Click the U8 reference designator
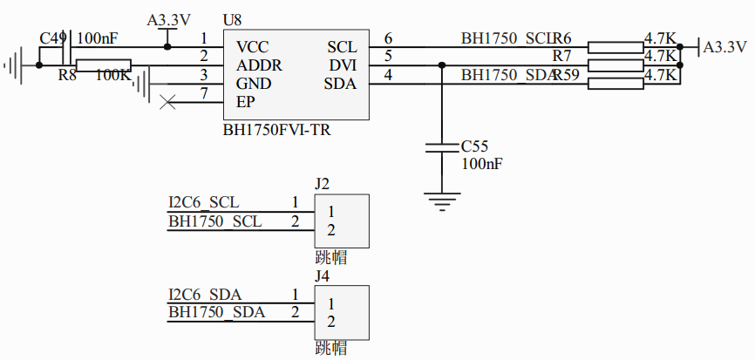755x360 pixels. (232, 19)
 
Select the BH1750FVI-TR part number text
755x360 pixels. (276, 130)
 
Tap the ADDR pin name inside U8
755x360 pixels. (259, 65)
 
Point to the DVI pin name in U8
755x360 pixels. (341, 65)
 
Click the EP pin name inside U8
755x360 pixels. (245, 102)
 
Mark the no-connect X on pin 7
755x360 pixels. (169, 103)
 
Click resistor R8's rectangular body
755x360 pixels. (103, 65)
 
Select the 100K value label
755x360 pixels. (113, 76)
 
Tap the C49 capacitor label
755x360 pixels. (53, 38)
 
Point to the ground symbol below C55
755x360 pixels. (442, 202)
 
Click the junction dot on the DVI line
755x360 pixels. (442, 65)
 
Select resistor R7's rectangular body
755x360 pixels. (616, 65)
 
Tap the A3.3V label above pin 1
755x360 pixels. (167, 19)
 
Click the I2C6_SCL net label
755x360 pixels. (203, 203)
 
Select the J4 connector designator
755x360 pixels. (322, 276)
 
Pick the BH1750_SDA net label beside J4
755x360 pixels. (216, 312)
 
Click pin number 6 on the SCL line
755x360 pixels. (388, 38)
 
